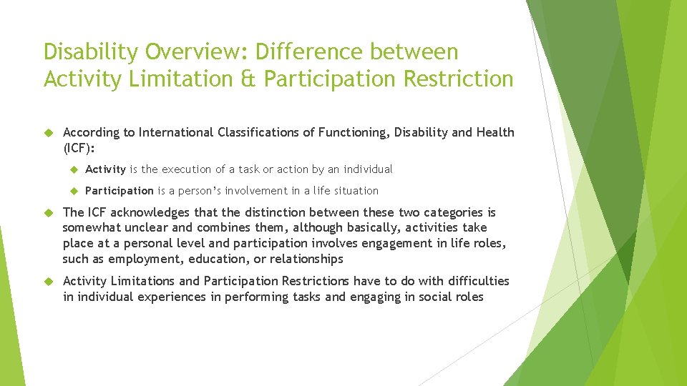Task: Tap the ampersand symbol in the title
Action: pos(247,79)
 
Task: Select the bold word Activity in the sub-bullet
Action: pos(105,169)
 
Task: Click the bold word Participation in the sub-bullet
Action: pos(119,191)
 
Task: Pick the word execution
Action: pos(187,169)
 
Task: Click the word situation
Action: pos(355,191)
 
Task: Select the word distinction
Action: pos(273,212)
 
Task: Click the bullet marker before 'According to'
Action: pos(49,133)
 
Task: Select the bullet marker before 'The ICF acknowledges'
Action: pos(49,213)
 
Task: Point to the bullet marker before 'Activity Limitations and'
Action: pos(49,282)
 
